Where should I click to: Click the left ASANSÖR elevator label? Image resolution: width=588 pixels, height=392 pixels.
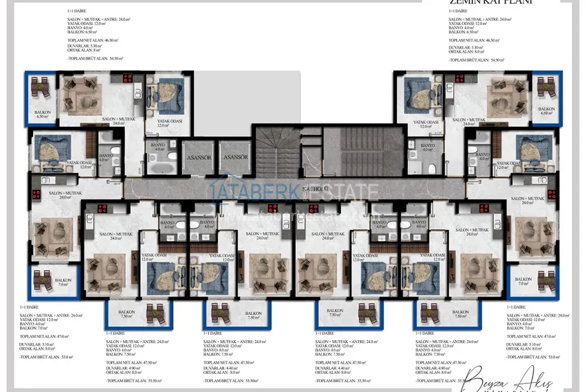click(x=199, y=157)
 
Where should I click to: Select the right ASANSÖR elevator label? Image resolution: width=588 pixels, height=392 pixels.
click(x=235, y=157)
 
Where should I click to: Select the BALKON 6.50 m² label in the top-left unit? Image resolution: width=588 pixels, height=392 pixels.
click(x=44, y=114)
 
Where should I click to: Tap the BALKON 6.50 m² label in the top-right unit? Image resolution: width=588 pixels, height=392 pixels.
click(x=546, y=111)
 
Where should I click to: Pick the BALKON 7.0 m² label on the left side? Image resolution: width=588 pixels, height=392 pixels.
click(x=63, y=283)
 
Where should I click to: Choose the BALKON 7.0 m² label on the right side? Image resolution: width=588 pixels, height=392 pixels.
click(x=523, y=282)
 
